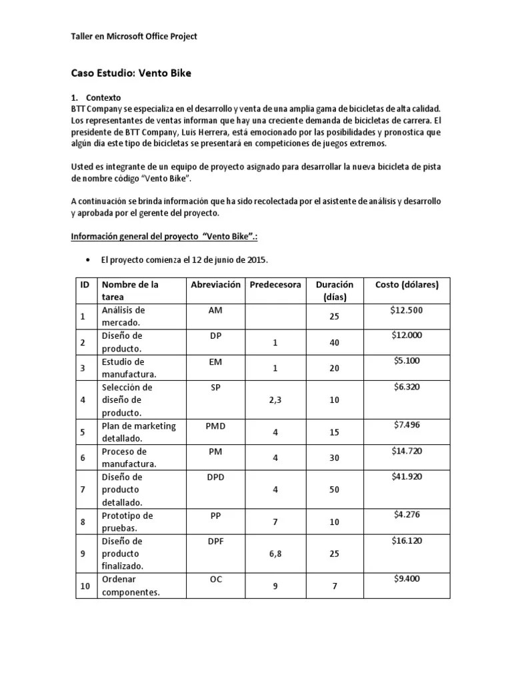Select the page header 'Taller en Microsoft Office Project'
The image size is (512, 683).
click(134, 36)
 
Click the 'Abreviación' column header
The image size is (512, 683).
click(215, 285)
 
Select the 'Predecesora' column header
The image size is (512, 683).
click(275, 285)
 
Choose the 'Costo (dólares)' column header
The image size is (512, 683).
click(407, 285)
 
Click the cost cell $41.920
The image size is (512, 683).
click(407, 476)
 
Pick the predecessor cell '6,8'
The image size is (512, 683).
click(275, 554)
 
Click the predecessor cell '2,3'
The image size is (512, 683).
click(275, 400)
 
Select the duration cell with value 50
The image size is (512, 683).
click(335, 490)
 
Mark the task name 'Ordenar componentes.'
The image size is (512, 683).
click(131, 586)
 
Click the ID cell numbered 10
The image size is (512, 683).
click(85, 586)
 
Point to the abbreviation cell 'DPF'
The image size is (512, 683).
click(215, 541)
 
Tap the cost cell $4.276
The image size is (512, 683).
click(407, 515)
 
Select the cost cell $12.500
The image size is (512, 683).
click(407, 309)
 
